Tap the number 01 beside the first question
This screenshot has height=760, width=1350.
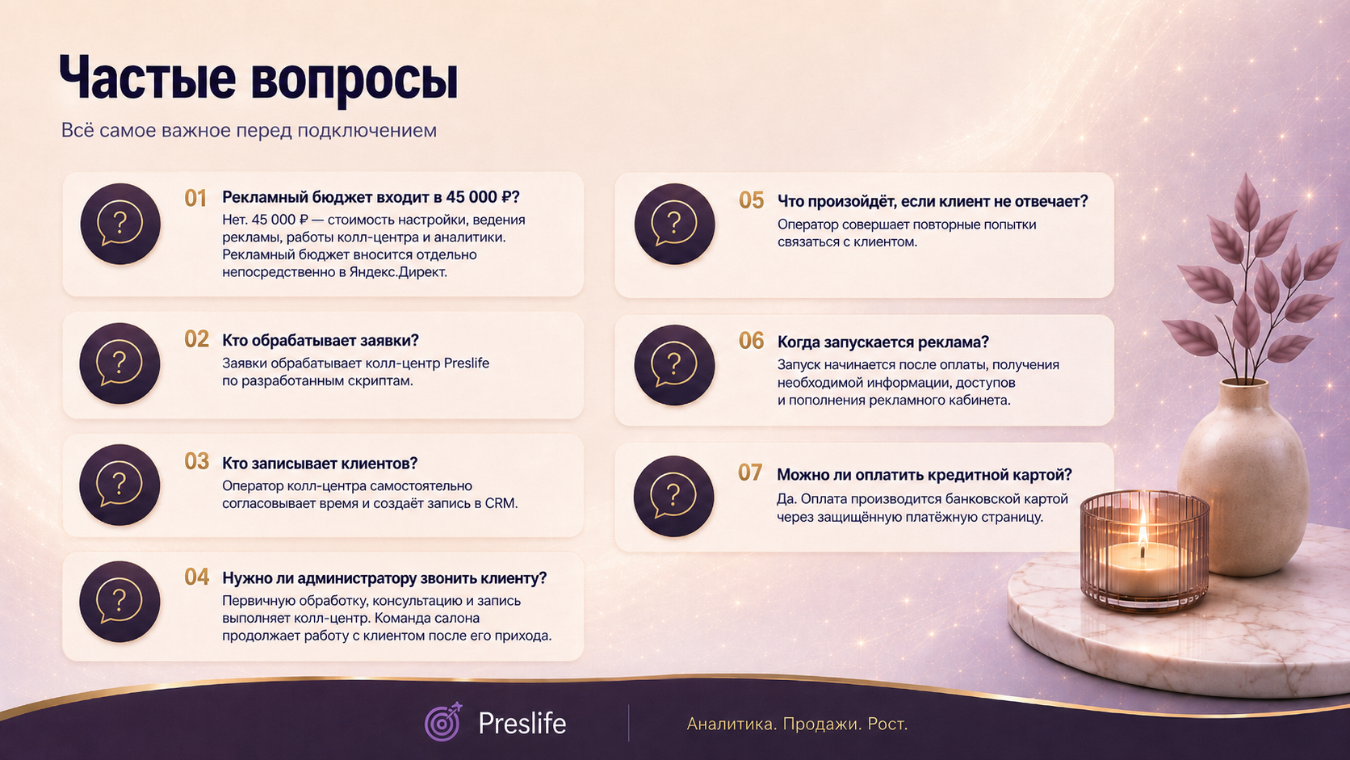coord(195,199)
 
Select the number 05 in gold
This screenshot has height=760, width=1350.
coord(751,200)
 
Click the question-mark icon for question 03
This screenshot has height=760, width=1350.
coord(119,485)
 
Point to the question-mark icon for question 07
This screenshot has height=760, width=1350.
coord(673,496)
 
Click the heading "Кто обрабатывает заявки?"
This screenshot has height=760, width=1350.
coord(320,341)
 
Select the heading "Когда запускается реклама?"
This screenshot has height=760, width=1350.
coord(883,342)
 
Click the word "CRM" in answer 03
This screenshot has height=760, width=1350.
coord(501,503)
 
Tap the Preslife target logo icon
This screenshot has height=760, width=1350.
coord(443,721)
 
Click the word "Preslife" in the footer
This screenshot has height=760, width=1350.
coord(522,723)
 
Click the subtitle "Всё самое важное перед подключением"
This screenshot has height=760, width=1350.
coord(249,130)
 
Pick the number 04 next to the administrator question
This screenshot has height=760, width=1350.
coord(196,577)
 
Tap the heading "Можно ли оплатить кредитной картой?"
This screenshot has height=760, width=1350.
coord(924,475)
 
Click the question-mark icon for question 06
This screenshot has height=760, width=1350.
coord(674,365)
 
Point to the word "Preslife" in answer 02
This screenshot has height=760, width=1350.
coord(467,363)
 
